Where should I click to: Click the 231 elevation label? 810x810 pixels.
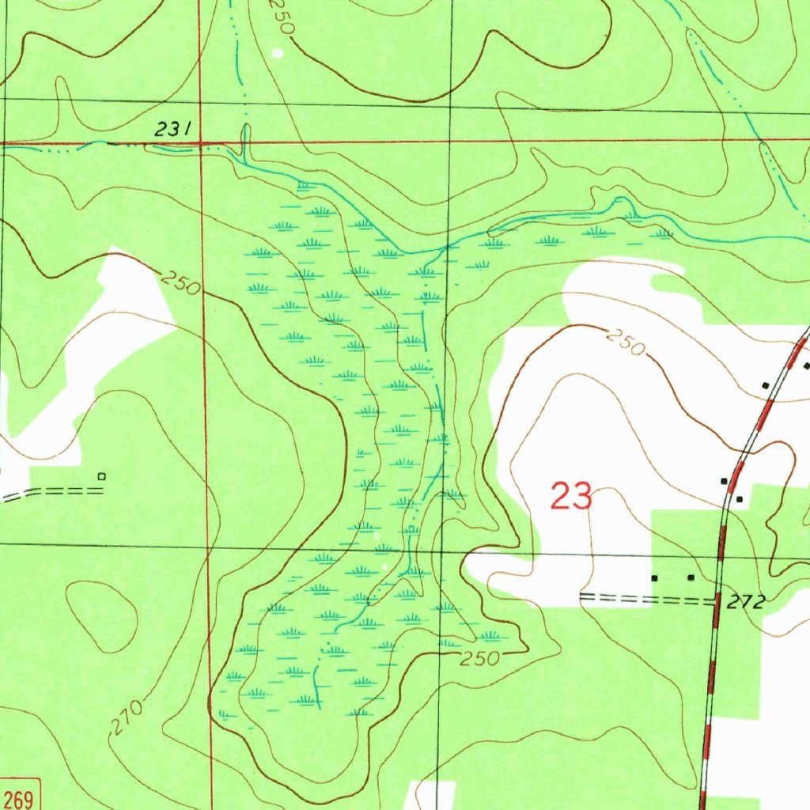(172, 131)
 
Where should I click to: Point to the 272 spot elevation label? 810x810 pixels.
(746, 603)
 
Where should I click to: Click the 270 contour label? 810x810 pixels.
(128, 717)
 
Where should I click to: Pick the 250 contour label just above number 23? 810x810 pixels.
(625, 343)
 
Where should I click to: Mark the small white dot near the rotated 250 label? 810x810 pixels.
(276, 54)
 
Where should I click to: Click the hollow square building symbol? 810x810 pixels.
(100, 476)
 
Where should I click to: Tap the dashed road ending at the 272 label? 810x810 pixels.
(645, 599)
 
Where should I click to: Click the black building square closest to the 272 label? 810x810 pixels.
(691, 578)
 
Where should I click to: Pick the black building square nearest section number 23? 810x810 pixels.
(654, 578)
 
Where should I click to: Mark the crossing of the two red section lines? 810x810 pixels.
(201, 144)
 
